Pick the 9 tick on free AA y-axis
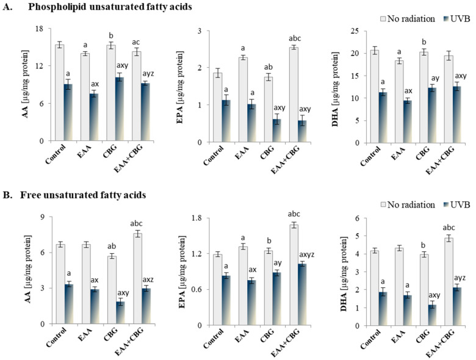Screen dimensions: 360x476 coord(38,217)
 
